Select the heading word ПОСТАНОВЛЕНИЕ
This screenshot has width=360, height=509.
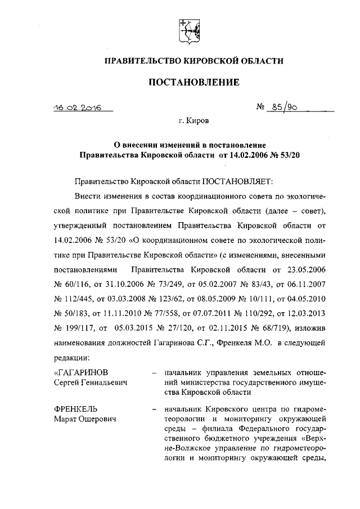coord(193,83)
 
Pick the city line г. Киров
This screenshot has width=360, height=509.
coord(193,120)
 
